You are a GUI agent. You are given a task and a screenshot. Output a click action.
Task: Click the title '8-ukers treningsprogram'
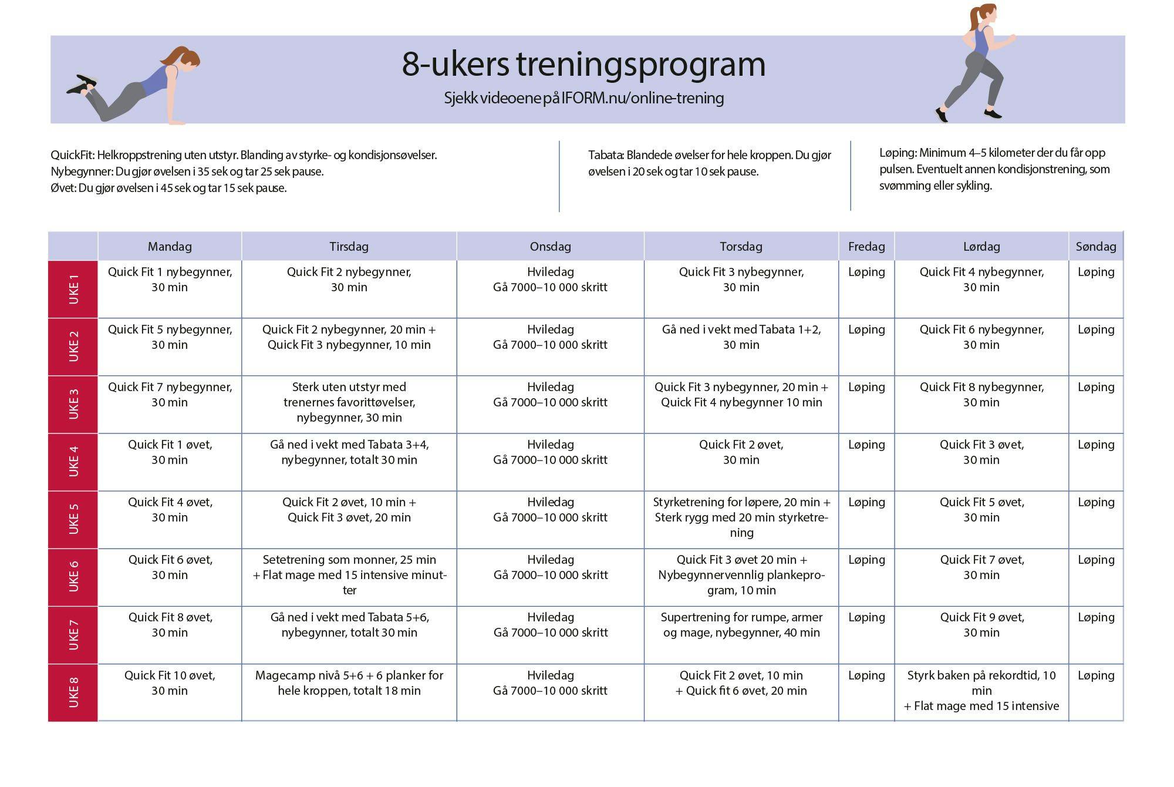583,64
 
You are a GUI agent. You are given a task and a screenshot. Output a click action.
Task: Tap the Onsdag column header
550,247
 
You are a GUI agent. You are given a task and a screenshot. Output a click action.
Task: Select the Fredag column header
866,247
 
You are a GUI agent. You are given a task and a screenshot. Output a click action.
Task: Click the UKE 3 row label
73,404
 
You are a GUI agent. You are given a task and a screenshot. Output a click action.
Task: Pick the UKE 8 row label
73,692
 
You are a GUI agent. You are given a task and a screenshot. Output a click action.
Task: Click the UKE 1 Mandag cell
170,280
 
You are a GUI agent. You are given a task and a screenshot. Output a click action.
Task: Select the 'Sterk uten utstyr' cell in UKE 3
349,402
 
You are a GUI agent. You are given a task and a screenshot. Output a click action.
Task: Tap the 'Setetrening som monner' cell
349,575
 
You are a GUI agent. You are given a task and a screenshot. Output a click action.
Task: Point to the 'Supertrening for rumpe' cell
741,625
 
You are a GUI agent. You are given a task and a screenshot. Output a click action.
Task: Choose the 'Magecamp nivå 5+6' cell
349,683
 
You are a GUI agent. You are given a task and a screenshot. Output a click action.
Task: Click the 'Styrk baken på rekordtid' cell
981,691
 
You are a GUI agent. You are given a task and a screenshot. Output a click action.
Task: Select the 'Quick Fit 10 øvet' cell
170,683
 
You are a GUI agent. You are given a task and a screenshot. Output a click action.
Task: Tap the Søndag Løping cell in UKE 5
1096,503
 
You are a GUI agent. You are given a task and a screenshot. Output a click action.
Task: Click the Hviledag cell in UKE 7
550,625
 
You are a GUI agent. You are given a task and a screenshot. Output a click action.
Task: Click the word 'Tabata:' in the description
606,156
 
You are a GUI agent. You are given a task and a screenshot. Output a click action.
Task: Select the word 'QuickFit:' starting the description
72,156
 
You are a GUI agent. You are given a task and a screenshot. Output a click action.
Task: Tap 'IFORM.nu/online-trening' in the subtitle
642,98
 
